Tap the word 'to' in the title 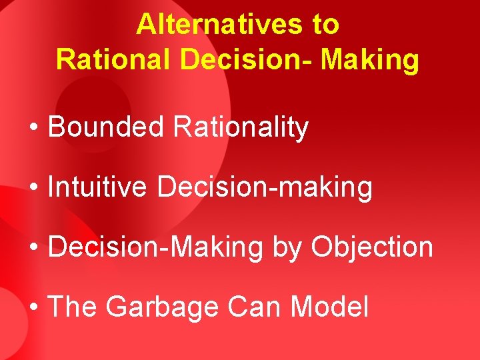point(325,25)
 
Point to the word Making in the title point(371,59)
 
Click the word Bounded point(106,127)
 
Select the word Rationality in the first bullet point(241,127)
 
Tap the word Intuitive point(97,187)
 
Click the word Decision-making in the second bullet point(265,188)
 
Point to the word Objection point(372,247)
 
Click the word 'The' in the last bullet point(73,307)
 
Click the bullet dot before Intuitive point(34,188)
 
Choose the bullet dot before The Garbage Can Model point(34,308)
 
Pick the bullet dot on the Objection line point(34,248)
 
